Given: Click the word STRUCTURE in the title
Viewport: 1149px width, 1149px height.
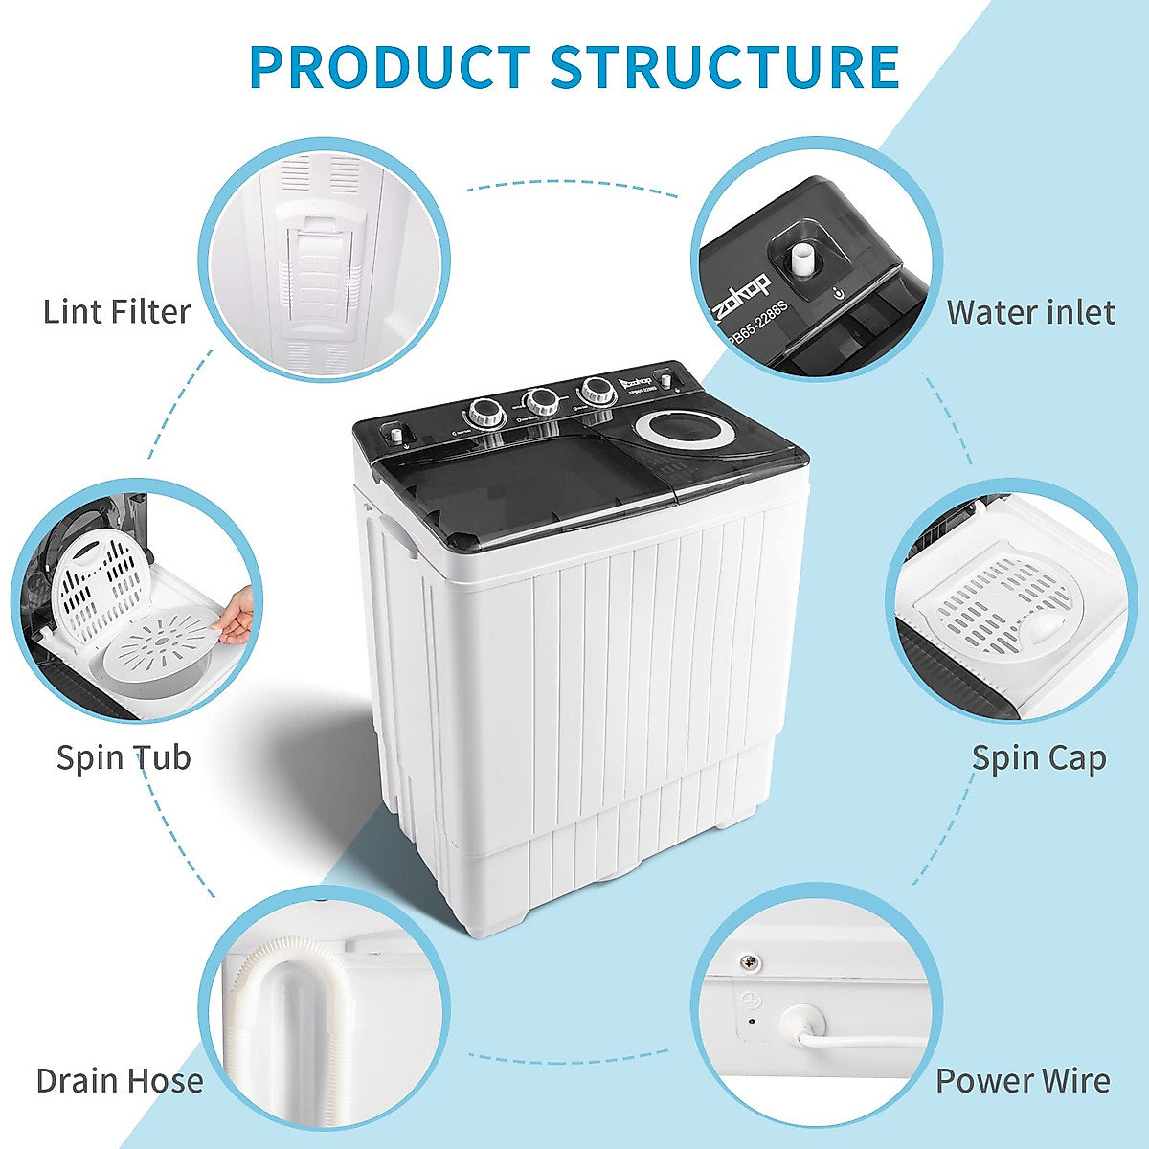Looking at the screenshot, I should (x=725, y=66).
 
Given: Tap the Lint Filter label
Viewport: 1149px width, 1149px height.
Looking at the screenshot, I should (x=117, y=312).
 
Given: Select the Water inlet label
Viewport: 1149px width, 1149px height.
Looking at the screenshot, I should (x=1030, y=312).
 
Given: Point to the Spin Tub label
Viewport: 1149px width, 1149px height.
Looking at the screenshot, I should (x=124, y=757).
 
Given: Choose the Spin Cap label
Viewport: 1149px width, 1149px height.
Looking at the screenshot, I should (x=1039, y=757).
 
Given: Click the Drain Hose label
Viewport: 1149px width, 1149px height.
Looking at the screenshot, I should (x=120, y=1081).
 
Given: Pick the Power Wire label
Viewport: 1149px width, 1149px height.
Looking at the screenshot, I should (x=1023, y=1081).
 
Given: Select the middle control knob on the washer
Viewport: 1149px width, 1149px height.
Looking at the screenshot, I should (x=541, y=400).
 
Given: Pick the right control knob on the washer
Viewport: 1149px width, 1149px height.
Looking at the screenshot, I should (x=597, y=390).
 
